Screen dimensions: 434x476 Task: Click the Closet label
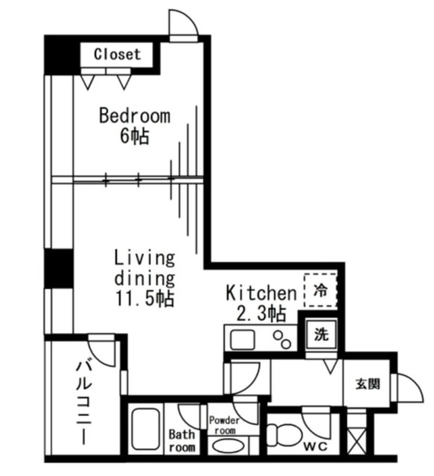click(x=117, y=55)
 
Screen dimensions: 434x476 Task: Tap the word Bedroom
click(x=135, y=116)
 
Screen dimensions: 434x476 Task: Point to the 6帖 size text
click(x=134, y=137)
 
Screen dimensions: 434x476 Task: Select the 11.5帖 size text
click(x=144, y=298)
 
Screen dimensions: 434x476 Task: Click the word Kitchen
click(x=261, y=293)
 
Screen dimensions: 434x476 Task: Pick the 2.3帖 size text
click(x=261, y=314)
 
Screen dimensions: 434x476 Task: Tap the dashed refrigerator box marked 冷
click(x=320, y=290)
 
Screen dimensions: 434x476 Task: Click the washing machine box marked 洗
click(x=322, y=334)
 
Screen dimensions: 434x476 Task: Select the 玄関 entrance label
click(x=368, y=384)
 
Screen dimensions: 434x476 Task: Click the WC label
click(x=316, y=446)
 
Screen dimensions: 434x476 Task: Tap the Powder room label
click(x=224, y=425)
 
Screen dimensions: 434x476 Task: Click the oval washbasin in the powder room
click(x=228, y=446)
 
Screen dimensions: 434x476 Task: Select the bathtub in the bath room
click(x=146, y=429)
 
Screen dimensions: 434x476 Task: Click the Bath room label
click(x=182, y=441)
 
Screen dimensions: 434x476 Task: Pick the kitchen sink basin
click(x=242, y=339)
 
